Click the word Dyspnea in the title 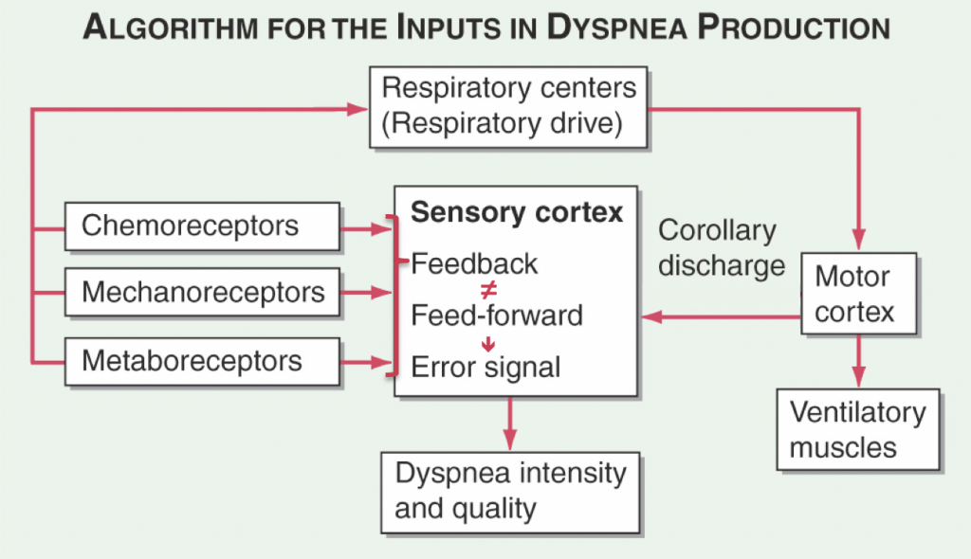(616, 27)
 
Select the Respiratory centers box (508, 107)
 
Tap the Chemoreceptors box (202, 225)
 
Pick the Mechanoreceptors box (202, 292)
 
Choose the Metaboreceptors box (202, 362)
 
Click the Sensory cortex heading (517, 212)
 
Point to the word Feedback (474, 264)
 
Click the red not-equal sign (488, 289)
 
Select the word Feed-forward (497, 316)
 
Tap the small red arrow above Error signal (488, 344)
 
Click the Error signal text (486, 367)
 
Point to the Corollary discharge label (722, 248)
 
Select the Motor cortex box (858, 294)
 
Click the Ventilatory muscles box (858, 429)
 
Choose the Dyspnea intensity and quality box (510, 493)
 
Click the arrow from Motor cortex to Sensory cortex (721, 317)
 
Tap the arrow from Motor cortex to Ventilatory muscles (858, 361)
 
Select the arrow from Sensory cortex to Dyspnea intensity (509, 424)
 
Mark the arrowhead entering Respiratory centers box (357, 110)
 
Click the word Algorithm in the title (171, 27)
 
